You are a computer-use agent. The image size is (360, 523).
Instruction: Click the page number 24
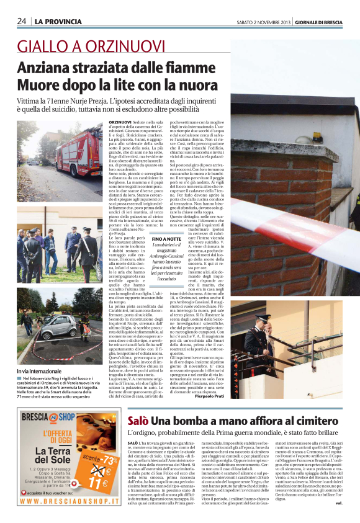[x=21, y=21]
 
